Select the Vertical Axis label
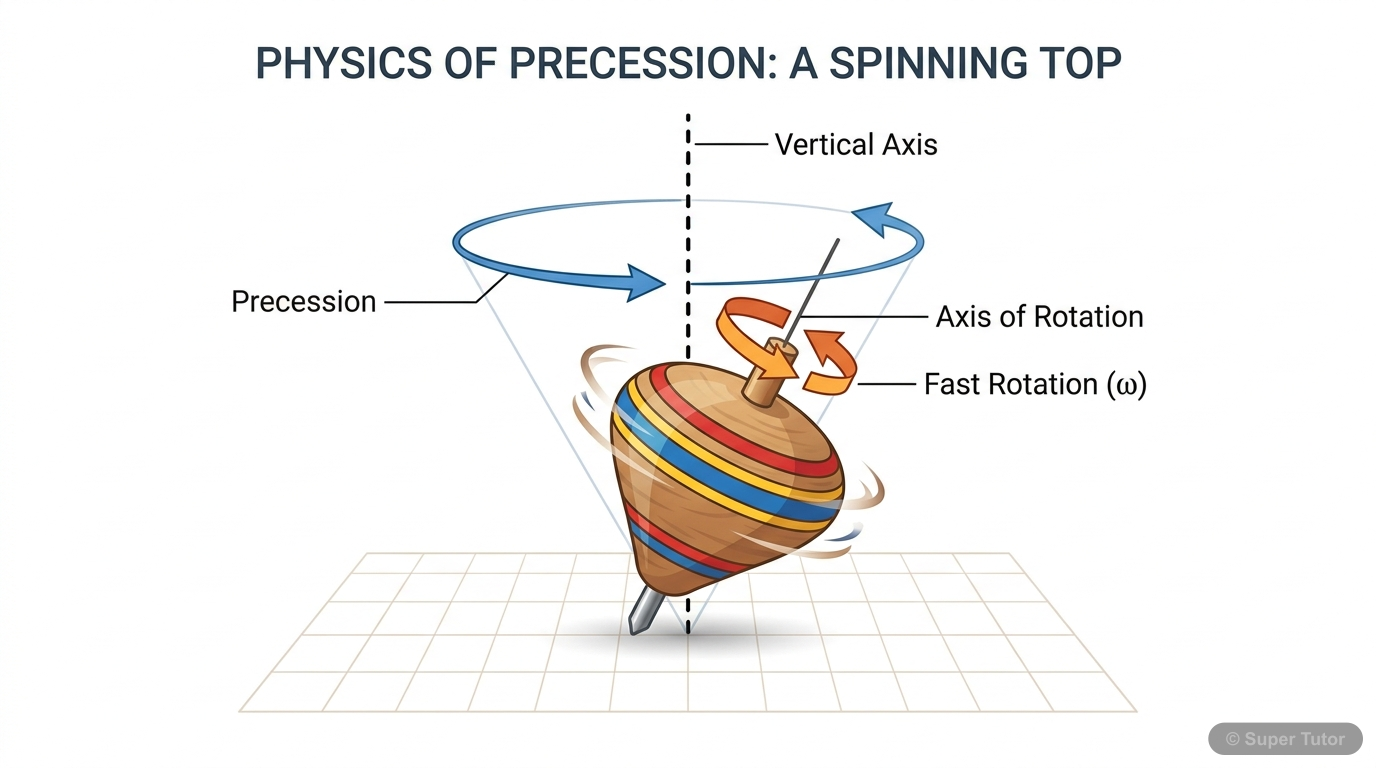coord(856,145)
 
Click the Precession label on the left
coord(303,302)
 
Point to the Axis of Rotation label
coord(1039,317)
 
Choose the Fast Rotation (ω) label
coord(1034,384)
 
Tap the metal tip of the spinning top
coord(641,612)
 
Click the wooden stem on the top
coord(770,375)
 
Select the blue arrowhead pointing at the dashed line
coord(643,282)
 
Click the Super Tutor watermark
coord(1285,739)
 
